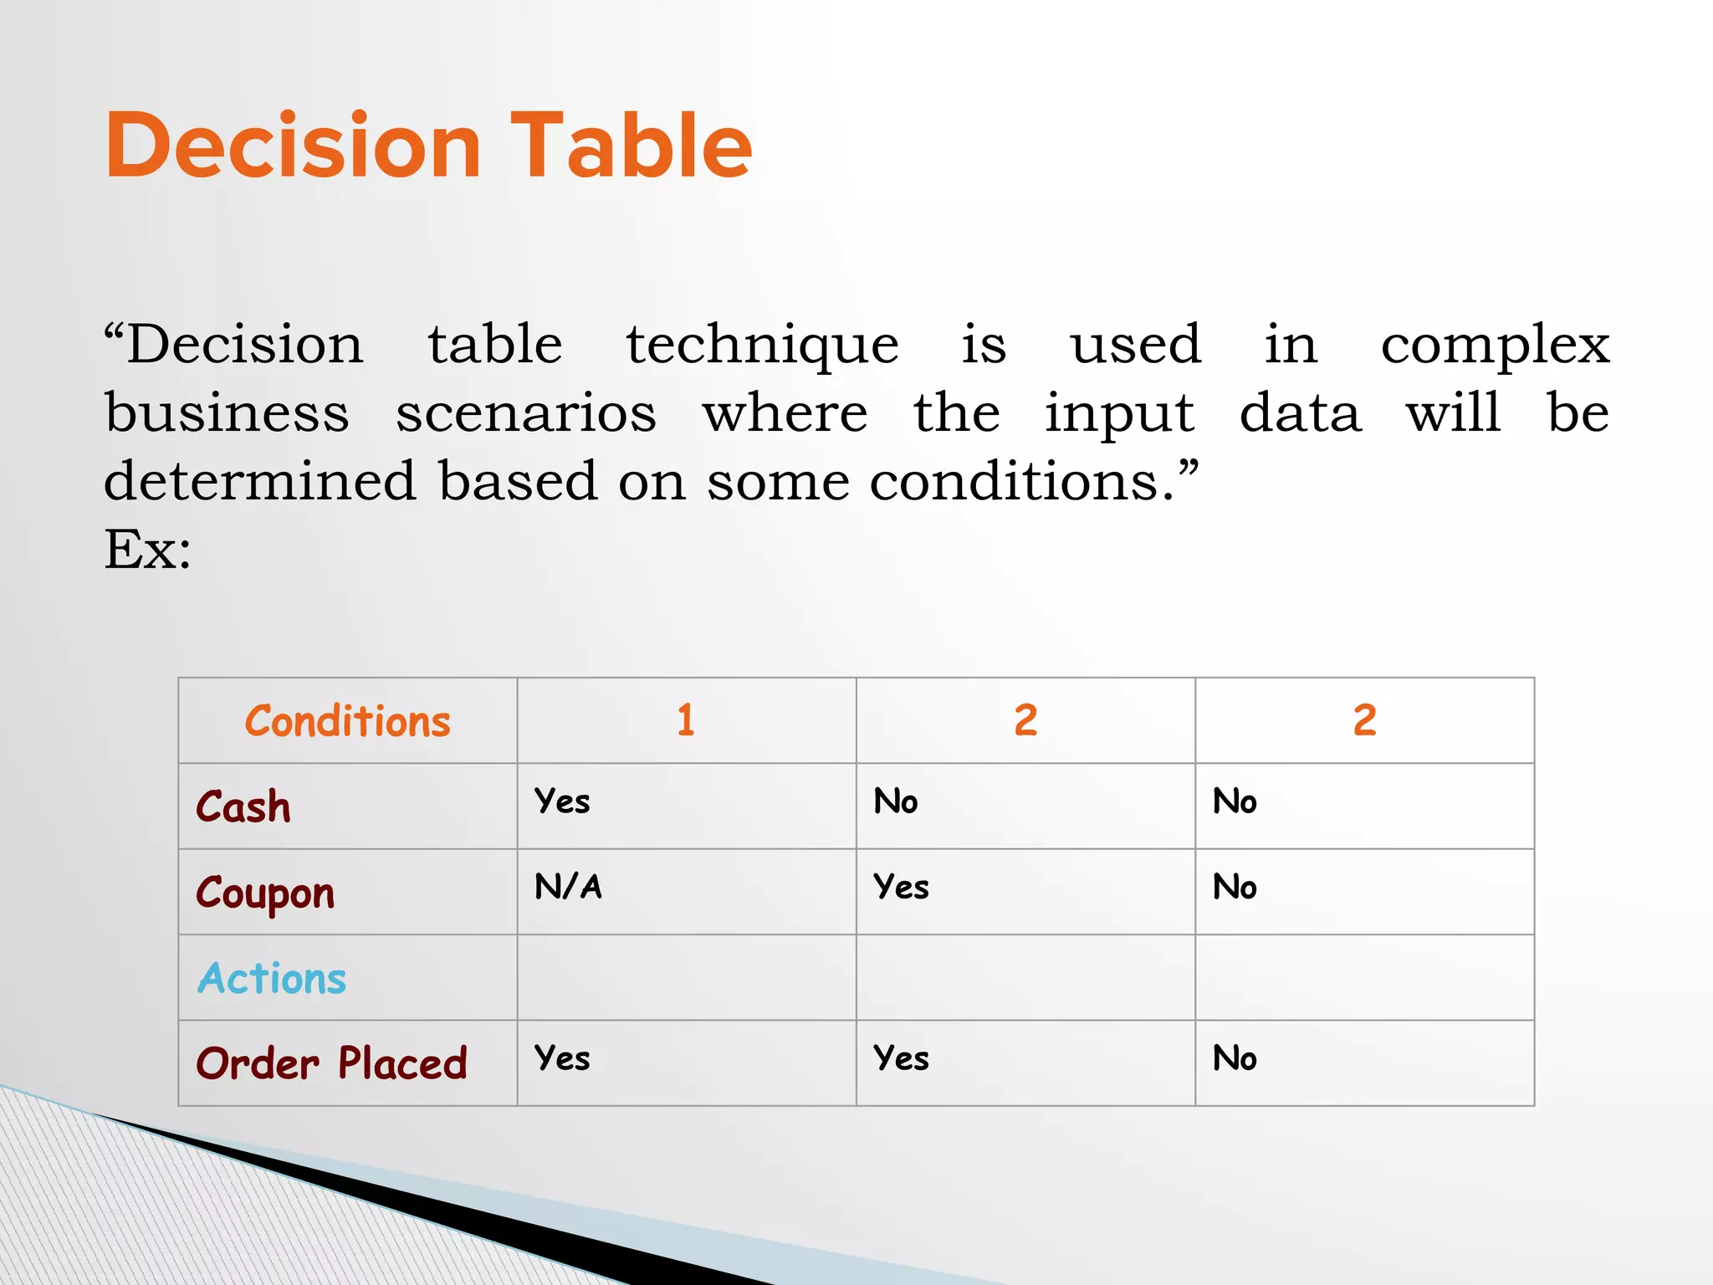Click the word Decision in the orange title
tap(293, 146)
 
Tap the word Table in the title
tap(632, 146)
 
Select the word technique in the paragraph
tap(762, 346)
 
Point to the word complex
tap(1495, 346)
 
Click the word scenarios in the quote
tap(526, 413)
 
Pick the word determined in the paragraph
tap(260, 481)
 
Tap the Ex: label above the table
tap(148, 550)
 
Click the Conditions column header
tap(347, 721)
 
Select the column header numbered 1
tap(686, 720)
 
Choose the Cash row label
tap(243, 807)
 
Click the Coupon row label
tap(265, 893)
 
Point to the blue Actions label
tap(272, 978)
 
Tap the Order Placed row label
tap(331, 1064)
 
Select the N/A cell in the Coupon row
tap(568, 887)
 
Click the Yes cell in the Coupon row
tap(901, 887)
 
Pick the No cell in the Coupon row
tap(1235, 887)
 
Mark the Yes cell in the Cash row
tap(562, 801)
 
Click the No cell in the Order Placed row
tap(1235, 1058)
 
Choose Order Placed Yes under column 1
tap(562, 1058)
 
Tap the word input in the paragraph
tap(1119, 413)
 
